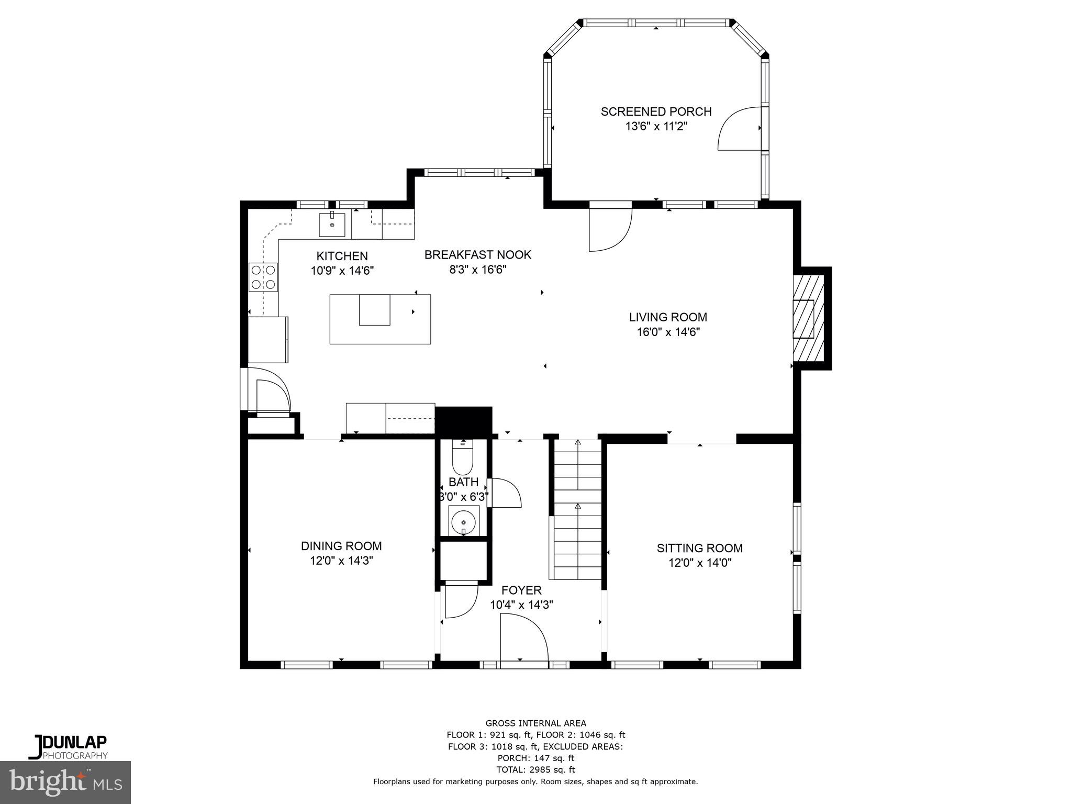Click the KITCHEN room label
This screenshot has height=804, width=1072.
[342, 256]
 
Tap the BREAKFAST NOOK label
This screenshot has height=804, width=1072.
[477, 255]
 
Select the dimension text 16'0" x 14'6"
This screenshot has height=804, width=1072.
[668, 332]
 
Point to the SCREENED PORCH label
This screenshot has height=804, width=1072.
[656, 111]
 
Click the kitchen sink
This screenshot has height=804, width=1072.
[332, 225]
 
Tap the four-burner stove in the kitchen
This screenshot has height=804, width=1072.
[263, 277]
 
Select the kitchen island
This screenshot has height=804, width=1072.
[380, 319]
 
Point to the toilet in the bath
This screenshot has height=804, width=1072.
[463, 457]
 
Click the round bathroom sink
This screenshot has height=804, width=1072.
[463, 522]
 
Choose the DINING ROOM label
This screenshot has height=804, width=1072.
[341, 546]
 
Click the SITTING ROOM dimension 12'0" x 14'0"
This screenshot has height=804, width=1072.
[700, 563]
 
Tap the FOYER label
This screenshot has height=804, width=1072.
[521, 590]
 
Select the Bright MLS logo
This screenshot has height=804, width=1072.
[65, 782]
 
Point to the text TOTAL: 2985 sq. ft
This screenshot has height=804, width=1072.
[535, 769]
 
